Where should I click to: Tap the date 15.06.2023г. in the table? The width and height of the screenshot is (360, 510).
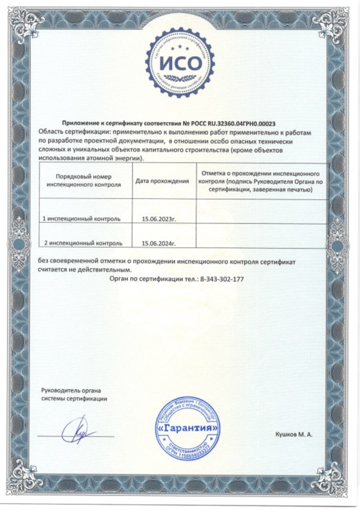point(158,220)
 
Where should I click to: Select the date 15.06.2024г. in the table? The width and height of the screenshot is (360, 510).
point(158,244)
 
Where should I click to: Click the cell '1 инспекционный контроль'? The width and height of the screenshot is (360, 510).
point(82,220)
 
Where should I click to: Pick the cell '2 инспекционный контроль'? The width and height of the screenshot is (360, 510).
point(82,244)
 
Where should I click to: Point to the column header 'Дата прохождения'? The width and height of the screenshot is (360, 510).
point(163,181)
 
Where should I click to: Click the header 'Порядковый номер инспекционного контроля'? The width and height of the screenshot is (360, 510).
point(83,181)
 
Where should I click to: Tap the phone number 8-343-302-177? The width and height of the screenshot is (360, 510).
point(222,278)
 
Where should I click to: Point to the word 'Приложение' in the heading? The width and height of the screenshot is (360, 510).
point(82,123)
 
